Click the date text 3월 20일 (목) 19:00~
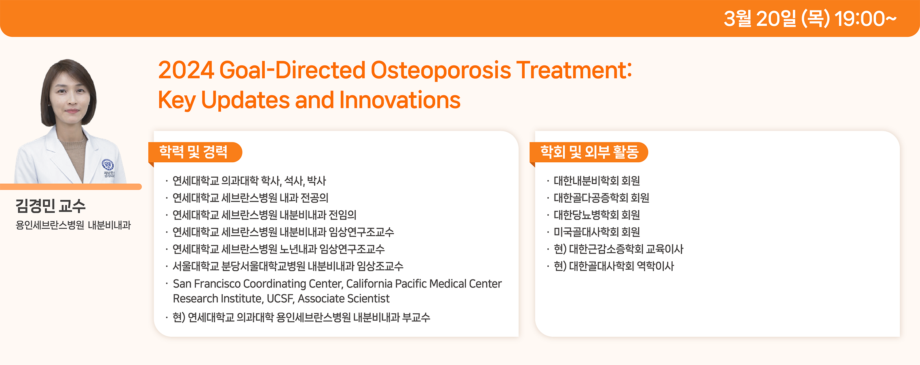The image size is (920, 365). (810, 19)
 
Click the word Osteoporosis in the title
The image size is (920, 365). (441, 70)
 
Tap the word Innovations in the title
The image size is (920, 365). (400, 100)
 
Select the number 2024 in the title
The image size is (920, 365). (186, 70)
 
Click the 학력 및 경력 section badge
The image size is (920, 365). (195, 152)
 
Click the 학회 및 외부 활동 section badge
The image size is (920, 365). (589, 152)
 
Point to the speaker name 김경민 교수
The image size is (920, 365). (51, 206)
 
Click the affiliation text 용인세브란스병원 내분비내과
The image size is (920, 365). (73, 225)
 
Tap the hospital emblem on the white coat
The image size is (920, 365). (108, 165)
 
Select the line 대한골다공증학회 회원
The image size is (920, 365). (601, 198)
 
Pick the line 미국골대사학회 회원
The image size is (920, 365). (597, 232)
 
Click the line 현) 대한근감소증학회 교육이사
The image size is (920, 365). (618, 249)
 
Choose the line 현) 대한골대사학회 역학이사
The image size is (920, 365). (614, 266)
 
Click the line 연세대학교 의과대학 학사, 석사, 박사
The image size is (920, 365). (249, 181)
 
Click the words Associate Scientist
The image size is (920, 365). (344, 299)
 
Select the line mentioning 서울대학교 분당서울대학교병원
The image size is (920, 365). (288, 266)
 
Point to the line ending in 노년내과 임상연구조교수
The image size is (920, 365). (279, 249)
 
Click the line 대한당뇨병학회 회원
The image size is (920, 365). (597, 215)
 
